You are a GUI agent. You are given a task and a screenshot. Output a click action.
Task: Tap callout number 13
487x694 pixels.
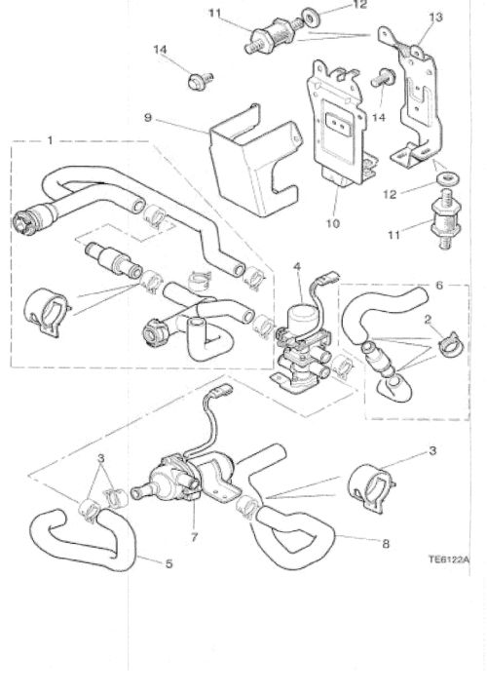[x=434, y=18]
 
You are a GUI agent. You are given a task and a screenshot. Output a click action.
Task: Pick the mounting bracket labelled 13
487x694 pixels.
[x=419, y=97]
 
